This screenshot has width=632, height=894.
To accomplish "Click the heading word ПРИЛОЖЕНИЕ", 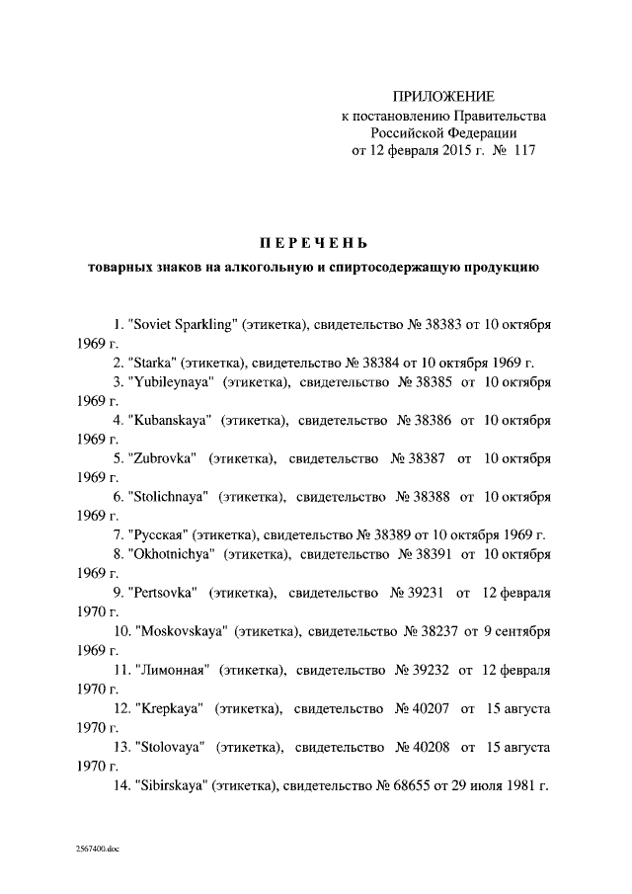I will click(x=443, y=96).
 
